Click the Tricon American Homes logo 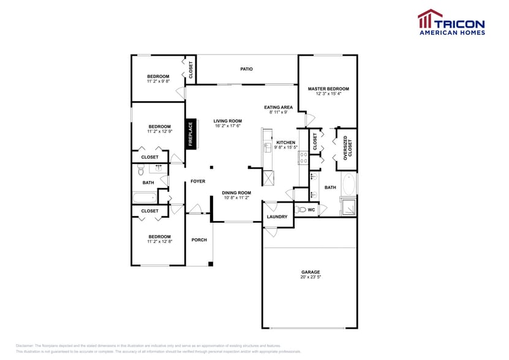[451, 23]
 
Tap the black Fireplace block [190, 133]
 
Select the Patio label [246, 69]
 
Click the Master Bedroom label [328, 89]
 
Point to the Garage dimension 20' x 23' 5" [311, 277]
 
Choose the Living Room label [227, 121]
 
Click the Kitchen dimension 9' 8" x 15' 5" [285, 148]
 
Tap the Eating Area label [278, 107]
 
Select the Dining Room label [236, 193]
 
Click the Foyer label [197, 181]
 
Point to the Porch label [199, 239]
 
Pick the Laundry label [277, 217]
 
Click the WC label [311, 210]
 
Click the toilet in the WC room [300, 210]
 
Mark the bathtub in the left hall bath [145, 197]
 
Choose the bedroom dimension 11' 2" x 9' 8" [158, 81]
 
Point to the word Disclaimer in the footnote [25, 345]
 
